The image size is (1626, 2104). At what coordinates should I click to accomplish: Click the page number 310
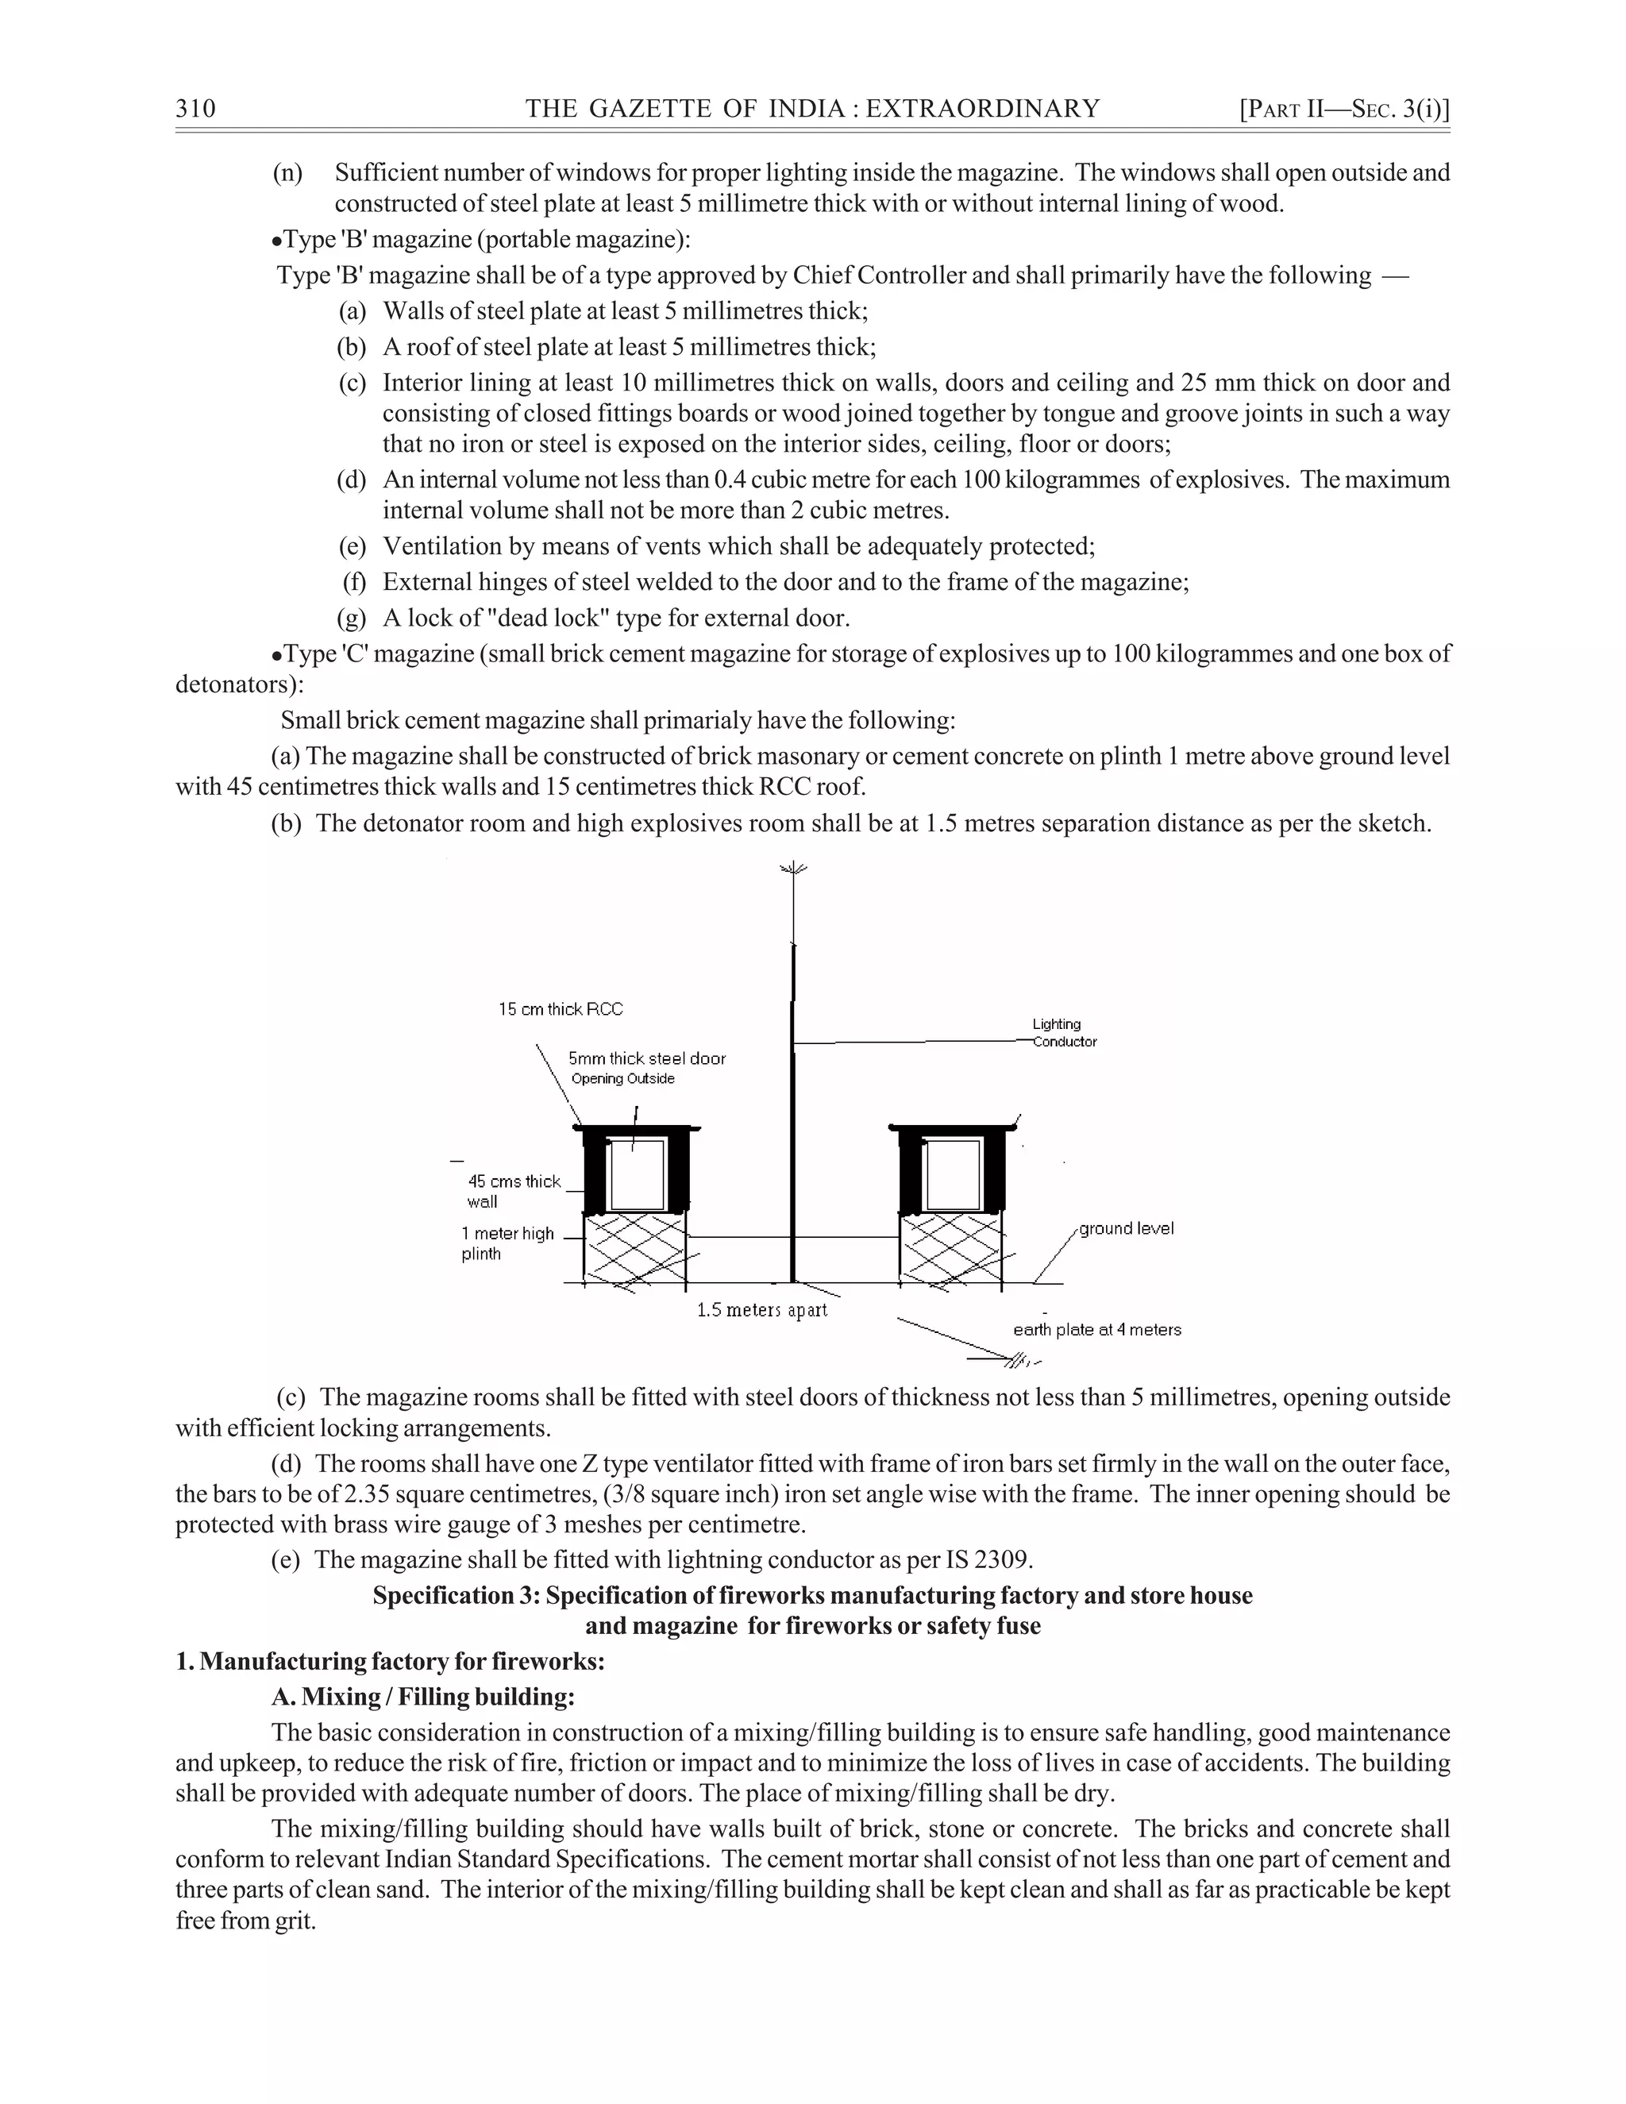(195, 108)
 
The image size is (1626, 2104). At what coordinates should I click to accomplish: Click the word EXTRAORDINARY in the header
(983, 108)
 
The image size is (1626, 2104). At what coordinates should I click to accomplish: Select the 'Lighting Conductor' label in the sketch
(1063, 1033)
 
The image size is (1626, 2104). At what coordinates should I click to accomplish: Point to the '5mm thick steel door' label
(646, 1058)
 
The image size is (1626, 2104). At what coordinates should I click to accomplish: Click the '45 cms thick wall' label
(514, 1191)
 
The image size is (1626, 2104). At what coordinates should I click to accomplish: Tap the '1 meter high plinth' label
(507, 1243)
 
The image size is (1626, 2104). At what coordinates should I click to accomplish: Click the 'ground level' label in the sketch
(1126, 1228)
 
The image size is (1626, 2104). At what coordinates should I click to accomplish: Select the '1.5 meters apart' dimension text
(762, 1310)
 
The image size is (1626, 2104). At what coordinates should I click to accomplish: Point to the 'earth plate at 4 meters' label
(1097, 1329)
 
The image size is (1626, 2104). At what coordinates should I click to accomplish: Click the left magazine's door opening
(638, 1173)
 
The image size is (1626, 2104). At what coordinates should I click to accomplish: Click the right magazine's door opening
(953, 1173)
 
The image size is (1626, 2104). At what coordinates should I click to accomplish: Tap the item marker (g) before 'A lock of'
(352, 618)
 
